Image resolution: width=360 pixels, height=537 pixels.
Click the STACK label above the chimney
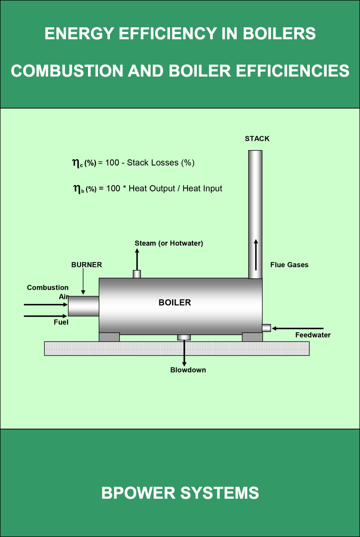(x=257, y=139)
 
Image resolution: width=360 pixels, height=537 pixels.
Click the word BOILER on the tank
(x=175, y=302)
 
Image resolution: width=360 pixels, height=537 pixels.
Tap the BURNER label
(x=87, y=265)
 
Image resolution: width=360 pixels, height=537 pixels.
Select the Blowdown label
(x=188, y=370)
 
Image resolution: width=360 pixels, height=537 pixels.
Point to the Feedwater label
(x=313, y=335)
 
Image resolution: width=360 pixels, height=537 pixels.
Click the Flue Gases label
(x=289, y=265)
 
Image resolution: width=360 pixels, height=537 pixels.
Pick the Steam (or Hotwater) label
(x=169, y=243)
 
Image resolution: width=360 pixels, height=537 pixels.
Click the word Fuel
(x=61, y=322)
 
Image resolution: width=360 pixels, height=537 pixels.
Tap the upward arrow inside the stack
(x=256, y=254)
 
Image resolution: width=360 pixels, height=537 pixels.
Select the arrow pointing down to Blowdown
(x=184, y=354)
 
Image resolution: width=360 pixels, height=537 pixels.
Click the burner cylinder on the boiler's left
(x=84, y=306)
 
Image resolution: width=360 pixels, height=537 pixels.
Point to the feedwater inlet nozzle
(x=267, y=328)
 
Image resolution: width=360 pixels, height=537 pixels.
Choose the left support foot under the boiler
(x=109, y=337)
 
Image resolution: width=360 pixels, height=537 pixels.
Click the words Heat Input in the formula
(x=203, y=188)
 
